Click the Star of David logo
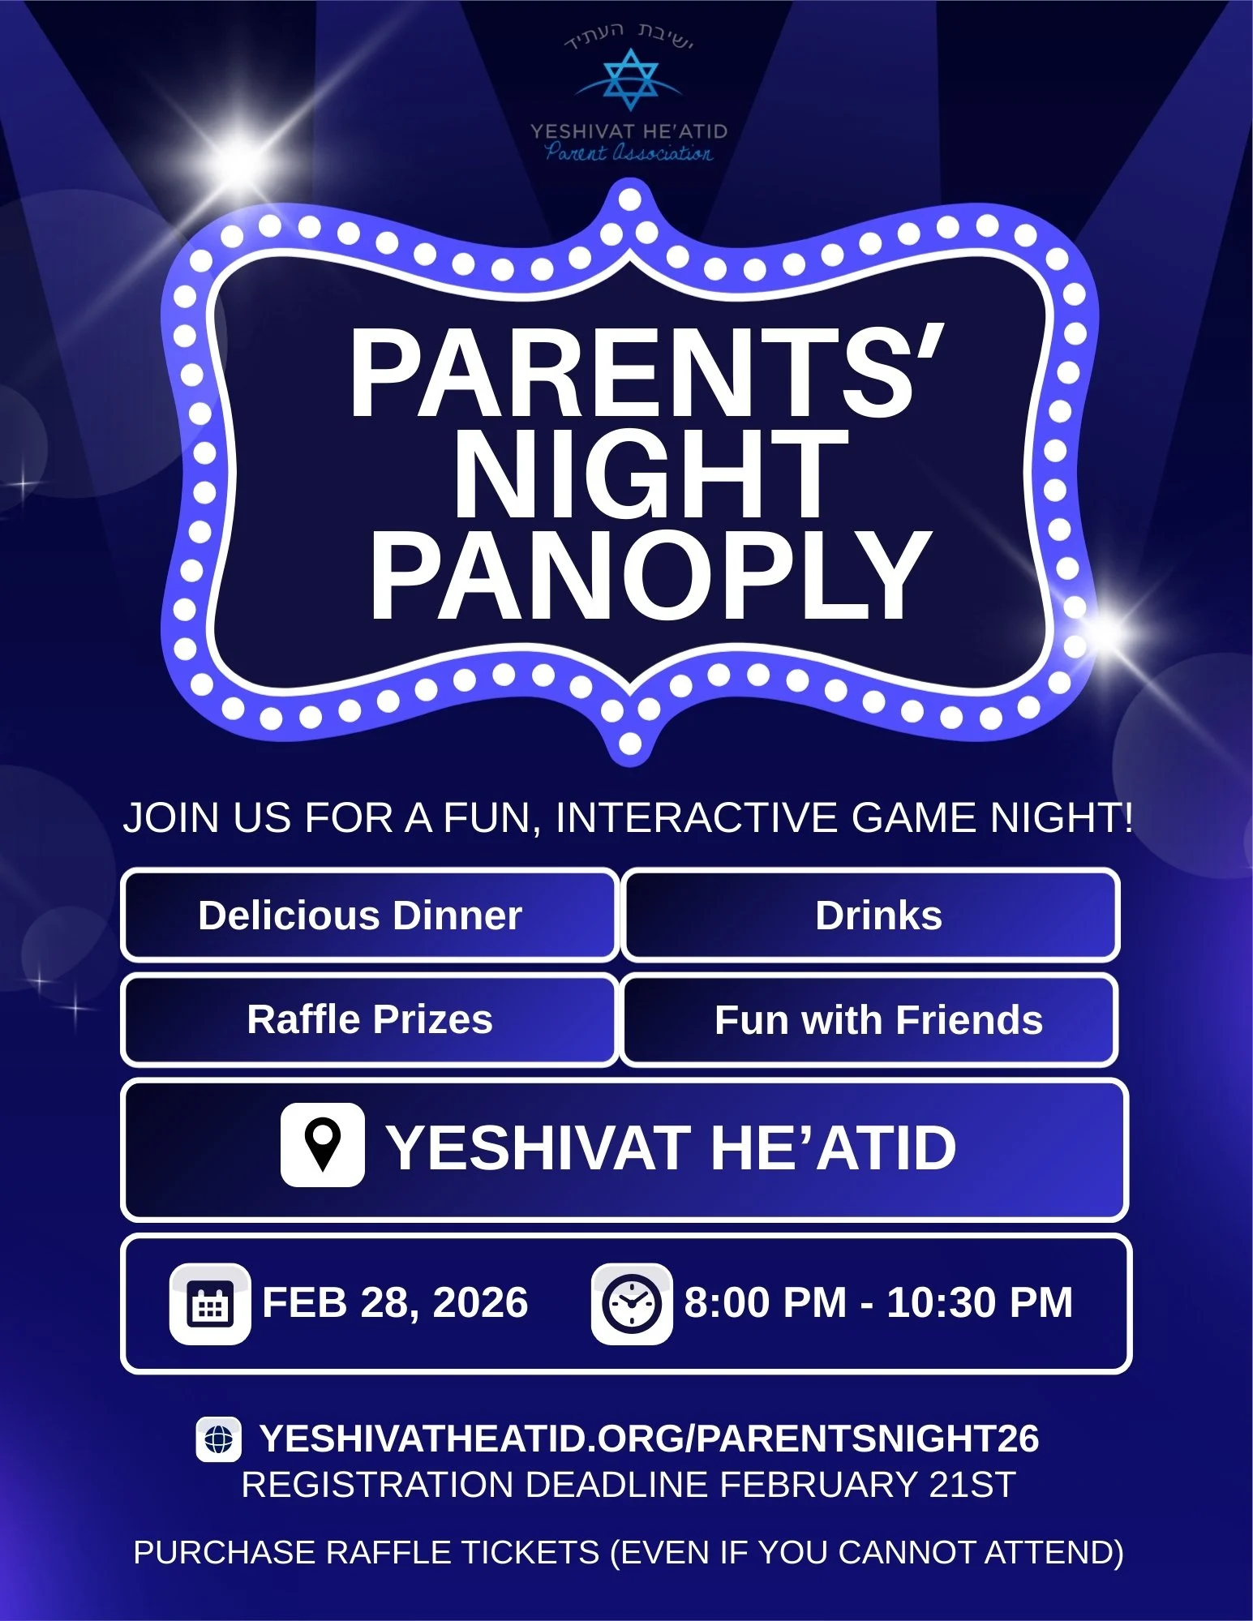pos(629,79)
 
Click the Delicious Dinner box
pos(370,916)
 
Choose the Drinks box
pos(871,916)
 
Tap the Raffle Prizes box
pos(370,1019)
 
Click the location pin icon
pos(323,1145)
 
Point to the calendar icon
pos(210,1304)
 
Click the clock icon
pos(632,1304)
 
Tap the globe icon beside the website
pos(218,1439)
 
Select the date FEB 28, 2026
pos(395,1303)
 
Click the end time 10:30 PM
pos(980,1303)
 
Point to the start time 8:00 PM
pos(765,1303)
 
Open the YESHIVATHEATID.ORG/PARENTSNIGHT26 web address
pos(649,1439)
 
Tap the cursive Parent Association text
pos(629,152)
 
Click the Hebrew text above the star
pos(629,36)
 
